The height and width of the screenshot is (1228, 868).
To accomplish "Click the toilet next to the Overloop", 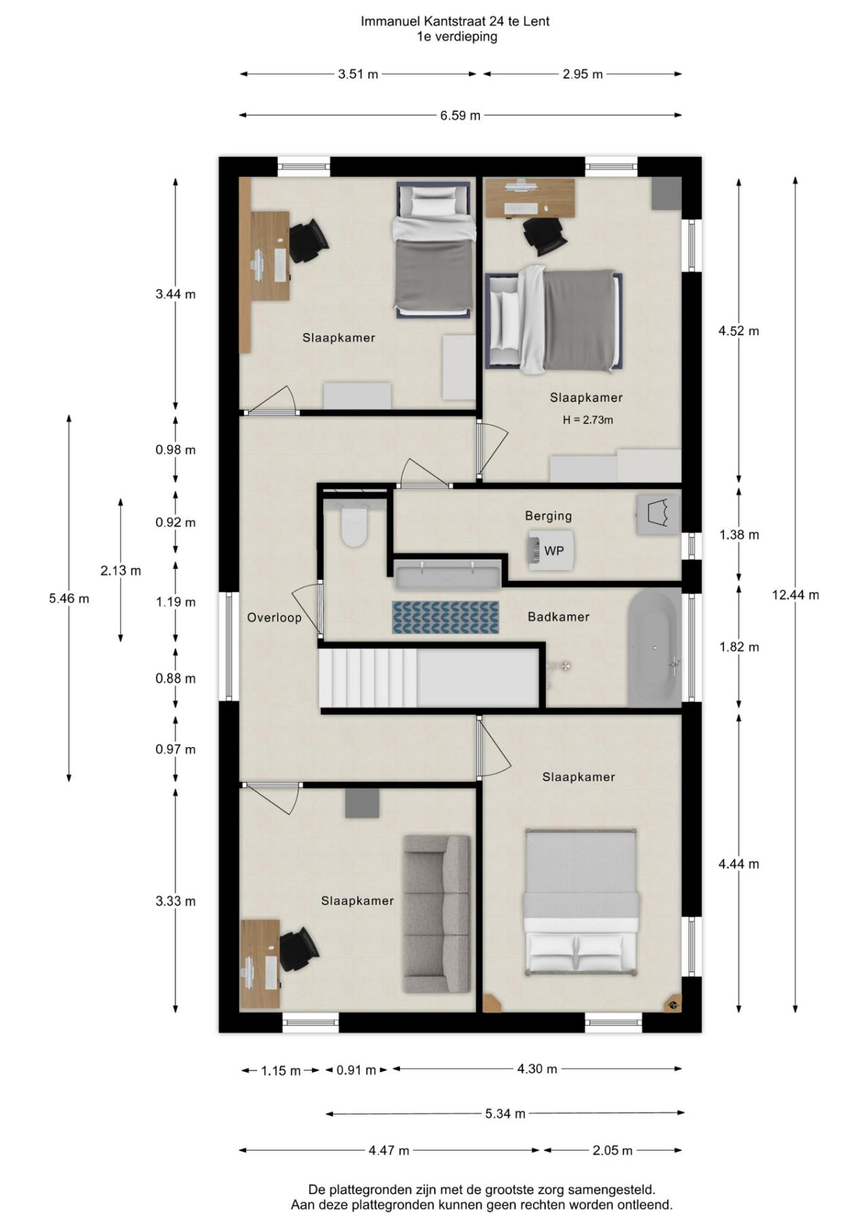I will point(354,527).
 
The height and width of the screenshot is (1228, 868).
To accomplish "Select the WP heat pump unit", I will point(551,550).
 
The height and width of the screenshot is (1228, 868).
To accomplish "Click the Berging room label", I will point(548,516).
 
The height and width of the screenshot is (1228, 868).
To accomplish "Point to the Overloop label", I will point(274,617).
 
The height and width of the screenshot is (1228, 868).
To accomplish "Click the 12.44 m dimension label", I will point(795,595).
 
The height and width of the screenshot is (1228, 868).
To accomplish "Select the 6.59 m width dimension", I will point(460,115).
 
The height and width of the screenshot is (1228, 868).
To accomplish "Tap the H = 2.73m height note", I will point(587,420).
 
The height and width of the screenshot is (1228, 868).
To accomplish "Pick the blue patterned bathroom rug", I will point(445,617).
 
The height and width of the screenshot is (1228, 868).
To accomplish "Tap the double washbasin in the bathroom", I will point(448,575).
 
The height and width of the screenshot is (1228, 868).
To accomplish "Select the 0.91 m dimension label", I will point(356,1070).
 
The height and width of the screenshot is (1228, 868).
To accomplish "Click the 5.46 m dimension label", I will point(68,598).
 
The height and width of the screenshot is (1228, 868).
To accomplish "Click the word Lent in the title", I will point(536,21).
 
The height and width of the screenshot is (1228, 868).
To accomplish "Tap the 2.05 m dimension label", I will point(612,1150).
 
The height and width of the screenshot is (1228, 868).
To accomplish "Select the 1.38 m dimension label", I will point(738,535).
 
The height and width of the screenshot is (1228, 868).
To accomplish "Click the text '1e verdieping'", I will point(456,37).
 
